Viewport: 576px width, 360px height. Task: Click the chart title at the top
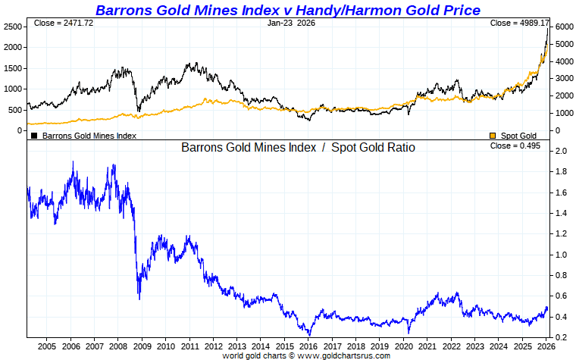tap(287, 10)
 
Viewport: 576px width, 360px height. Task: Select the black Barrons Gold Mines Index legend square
tap(34, 136)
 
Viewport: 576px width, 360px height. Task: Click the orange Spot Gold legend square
tap(493, 136)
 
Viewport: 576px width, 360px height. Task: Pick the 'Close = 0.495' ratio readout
tap(515, 146)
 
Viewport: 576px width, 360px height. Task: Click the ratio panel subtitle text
tap(298, 148)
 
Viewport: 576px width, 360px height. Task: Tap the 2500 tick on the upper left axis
tap(13, 27)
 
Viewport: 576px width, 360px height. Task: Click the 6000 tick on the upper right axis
tap(562, 27)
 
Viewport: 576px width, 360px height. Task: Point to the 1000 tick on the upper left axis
tap(13, 89)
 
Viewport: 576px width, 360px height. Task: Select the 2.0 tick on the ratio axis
tap(561, 152)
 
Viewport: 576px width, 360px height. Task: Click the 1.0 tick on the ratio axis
tap(561, 255)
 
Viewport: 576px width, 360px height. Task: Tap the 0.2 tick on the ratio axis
tap(561, 337)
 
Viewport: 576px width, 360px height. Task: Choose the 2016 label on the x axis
tap(308, 346)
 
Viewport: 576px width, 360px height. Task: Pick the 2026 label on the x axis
tap(545, 346)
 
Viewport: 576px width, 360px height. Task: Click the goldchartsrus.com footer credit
tap(306, 355)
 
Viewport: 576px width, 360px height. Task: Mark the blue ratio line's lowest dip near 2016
tap(308, 334)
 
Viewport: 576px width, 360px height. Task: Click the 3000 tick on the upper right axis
tap(562, 78)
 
